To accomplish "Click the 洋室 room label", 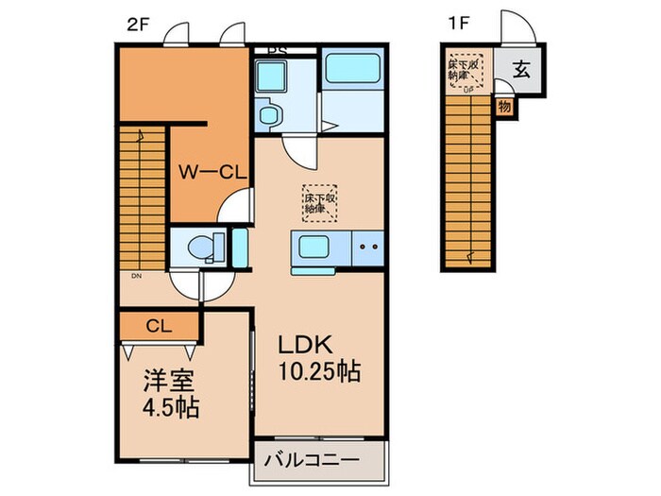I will (x=162, y=386).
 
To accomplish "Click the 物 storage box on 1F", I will (x=504, y=107).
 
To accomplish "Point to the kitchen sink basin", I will (x=314, y=248).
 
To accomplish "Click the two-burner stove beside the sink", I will (x=366, y=248).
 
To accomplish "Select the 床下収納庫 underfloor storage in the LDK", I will (x=319, y=201).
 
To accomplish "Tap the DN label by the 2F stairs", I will (x=137, y=276).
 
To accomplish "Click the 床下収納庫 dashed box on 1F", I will (x=466, y=70).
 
